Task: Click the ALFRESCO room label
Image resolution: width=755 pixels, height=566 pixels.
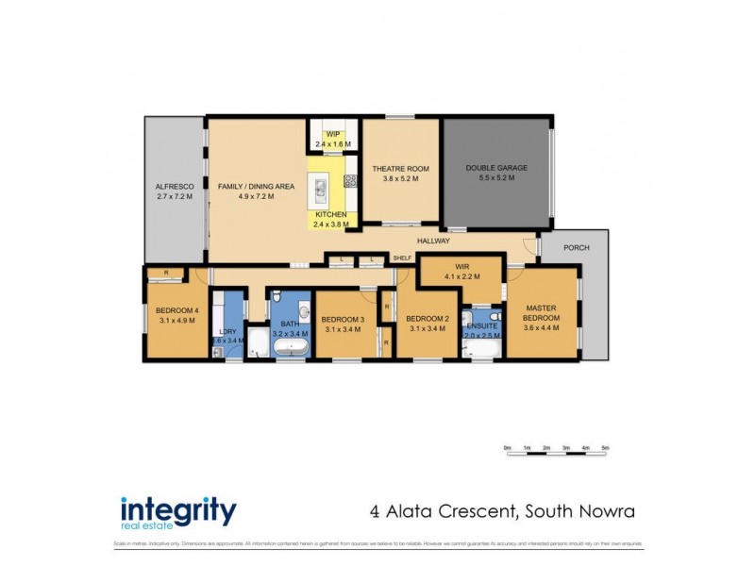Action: click(x=174, y=187)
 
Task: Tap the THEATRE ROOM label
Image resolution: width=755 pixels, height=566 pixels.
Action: click(x=400, y=169)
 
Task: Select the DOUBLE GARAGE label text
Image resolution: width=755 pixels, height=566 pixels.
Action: click(x=496, y=168)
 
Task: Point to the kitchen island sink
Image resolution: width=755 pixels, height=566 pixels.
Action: click(x=321, y=190)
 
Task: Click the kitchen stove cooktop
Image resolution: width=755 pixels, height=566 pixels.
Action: click(x=349, y=180)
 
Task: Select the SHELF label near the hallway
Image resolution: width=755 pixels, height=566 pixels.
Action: click(x=403, y=257)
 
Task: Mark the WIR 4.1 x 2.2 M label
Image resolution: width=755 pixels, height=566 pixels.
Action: click(x=461, y=273)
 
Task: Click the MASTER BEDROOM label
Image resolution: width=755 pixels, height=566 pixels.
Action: click(x=542, y=313)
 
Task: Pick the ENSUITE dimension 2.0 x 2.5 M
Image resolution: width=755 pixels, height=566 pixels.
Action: click(x=481, y=335)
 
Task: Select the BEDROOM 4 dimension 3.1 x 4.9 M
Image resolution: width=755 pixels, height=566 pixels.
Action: click(x=176, y=319)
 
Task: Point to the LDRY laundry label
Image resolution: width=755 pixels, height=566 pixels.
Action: click(x=227, y=331)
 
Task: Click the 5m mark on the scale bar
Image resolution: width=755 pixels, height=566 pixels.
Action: click(x=605, y=447)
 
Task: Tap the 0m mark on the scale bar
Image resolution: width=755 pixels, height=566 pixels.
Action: click(x=507, y=447)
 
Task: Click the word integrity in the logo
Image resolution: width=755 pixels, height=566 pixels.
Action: click(x=177, y=509)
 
